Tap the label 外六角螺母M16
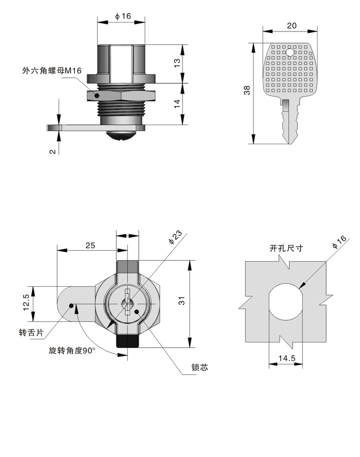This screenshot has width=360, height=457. coord(52,70)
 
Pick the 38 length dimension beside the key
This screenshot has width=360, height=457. coord(247,90)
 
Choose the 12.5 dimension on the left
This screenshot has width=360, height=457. coord(26,302)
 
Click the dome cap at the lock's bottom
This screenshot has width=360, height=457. coord(121,136)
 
